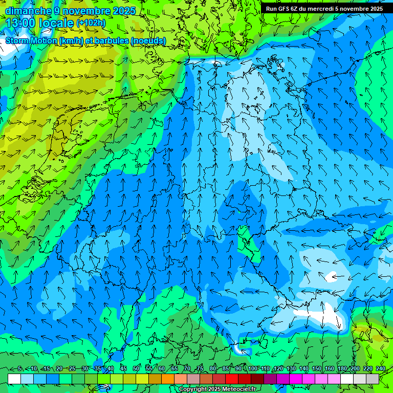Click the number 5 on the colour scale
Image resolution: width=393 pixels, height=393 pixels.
point(19,369)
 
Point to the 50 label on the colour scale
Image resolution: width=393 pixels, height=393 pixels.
point(136,369)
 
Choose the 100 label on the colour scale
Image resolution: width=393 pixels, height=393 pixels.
point(253,369)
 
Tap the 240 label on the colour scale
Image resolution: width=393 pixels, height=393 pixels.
point(381,369)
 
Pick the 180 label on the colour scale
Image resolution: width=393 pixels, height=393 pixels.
point(342,369)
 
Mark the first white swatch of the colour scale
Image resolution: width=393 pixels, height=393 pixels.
point(14,379)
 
